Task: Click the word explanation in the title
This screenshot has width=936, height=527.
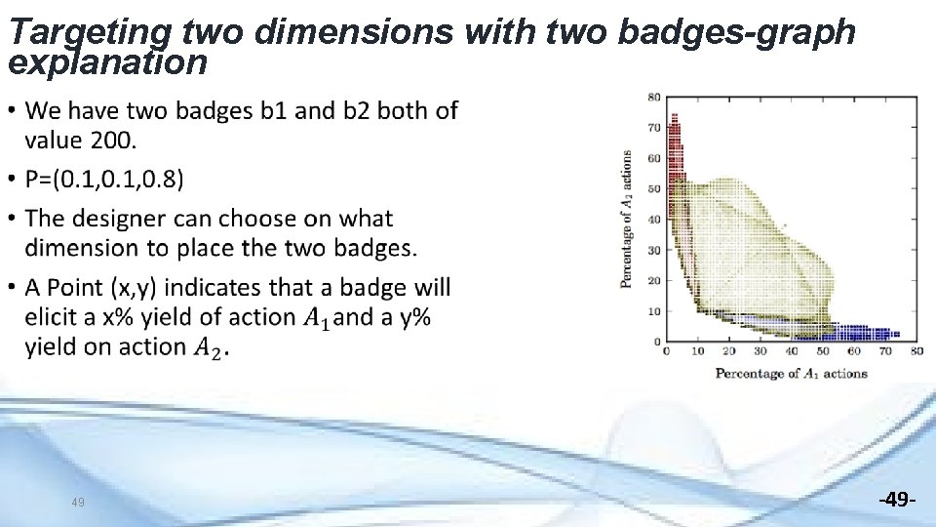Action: coord(107,63)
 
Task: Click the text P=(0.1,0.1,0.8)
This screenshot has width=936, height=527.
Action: coord(103,180)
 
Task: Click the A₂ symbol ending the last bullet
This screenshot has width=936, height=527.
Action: coord(211,348)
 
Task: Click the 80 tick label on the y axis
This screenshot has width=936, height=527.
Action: coord(654,96)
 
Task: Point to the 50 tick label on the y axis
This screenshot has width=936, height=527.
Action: coord(654,188)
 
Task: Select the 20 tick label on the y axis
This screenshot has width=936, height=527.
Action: coord(654,281)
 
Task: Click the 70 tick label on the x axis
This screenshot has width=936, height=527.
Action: coord(884,352)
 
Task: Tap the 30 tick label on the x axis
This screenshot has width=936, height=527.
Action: coord(760,352)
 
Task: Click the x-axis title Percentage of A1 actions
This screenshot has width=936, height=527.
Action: coord(791,374)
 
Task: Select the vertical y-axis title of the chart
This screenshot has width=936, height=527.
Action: coord(626,219)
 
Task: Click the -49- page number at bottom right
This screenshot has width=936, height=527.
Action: coord(896,501)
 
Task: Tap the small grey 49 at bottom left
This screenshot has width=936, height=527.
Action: coord(79,504)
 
